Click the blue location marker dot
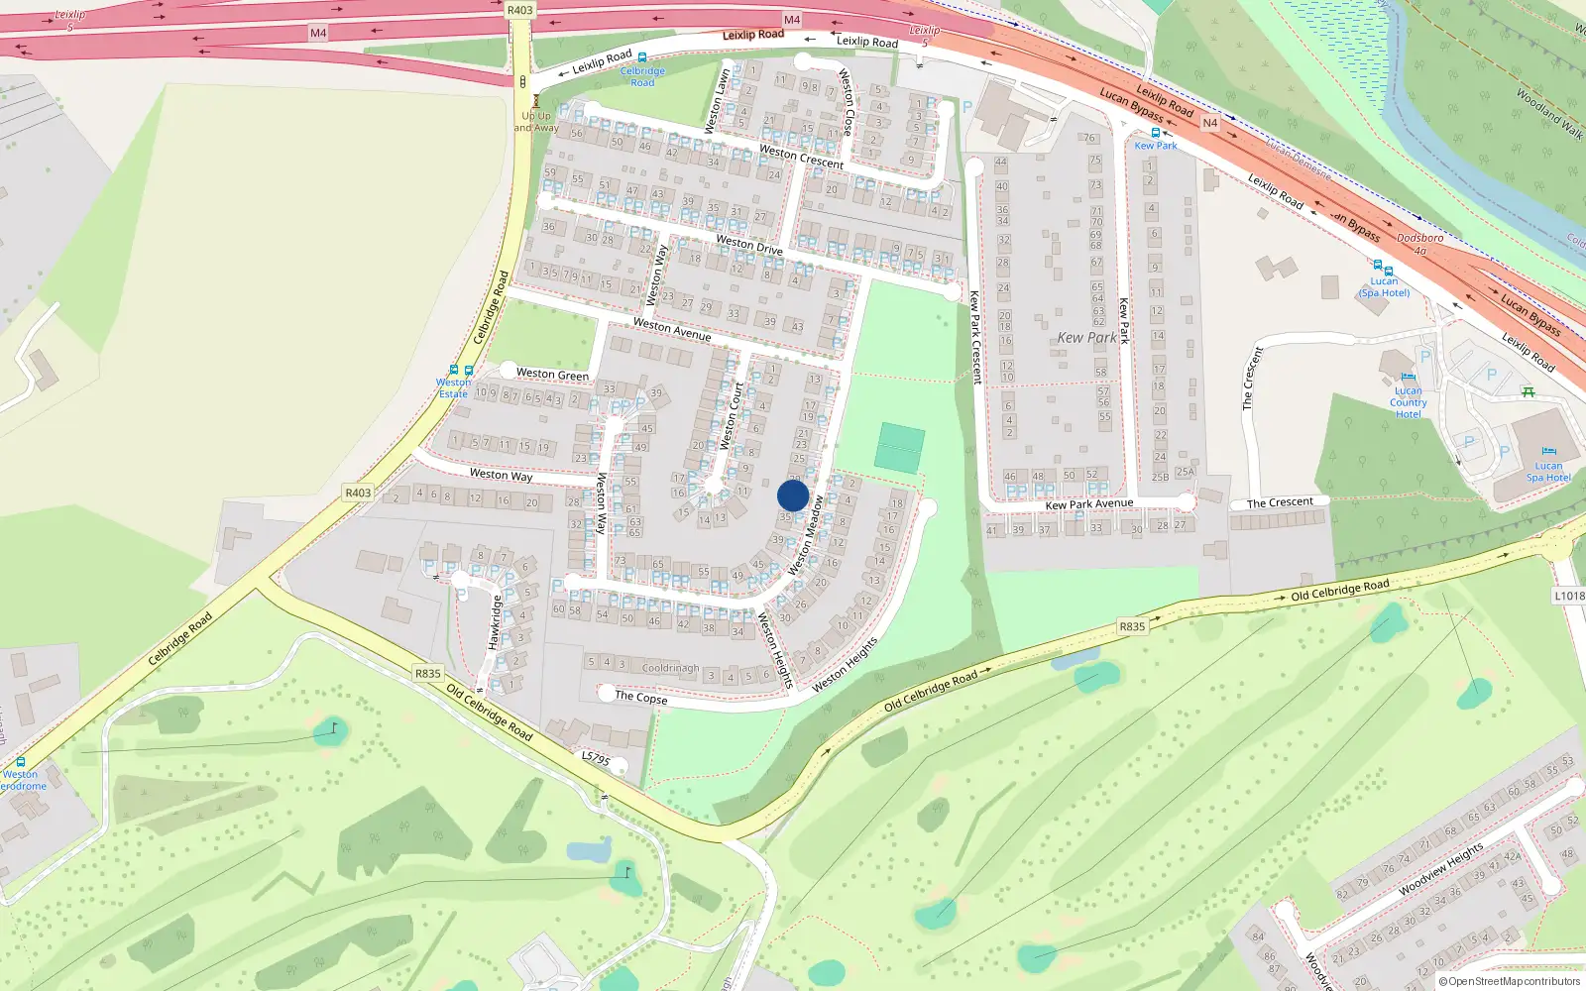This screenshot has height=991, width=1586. [793, 495]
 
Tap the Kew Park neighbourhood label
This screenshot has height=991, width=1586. [1086, 338]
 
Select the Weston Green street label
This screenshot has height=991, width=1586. [552, 374]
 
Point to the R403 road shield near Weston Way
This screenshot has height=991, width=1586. [358, 493]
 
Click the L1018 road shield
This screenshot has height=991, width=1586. [1568, 596]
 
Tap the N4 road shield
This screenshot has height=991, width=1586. [1209, 123]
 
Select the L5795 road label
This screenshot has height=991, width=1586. [595, 758]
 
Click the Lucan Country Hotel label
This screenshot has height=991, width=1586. [1408, 402]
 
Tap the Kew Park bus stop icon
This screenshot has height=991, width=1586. [1155, 133]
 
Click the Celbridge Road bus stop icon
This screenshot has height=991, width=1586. [642, 58]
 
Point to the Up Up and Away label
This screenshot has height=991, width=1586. [536, 122]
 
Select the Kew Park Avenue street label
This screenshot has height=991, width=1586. [1088, 504]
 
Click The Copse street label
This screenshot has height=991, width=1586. [640, 697]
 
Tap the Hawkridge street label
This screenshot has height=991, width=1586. [496, 622]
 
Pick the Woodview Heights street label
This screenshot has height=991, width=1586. [1440, 869]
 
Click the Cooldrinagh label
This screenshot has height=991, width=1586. [670, 668]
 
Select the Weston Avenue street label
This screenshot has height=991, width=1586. [672, 329]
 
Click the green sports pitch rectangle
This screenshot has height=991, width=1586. [899, 447]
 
